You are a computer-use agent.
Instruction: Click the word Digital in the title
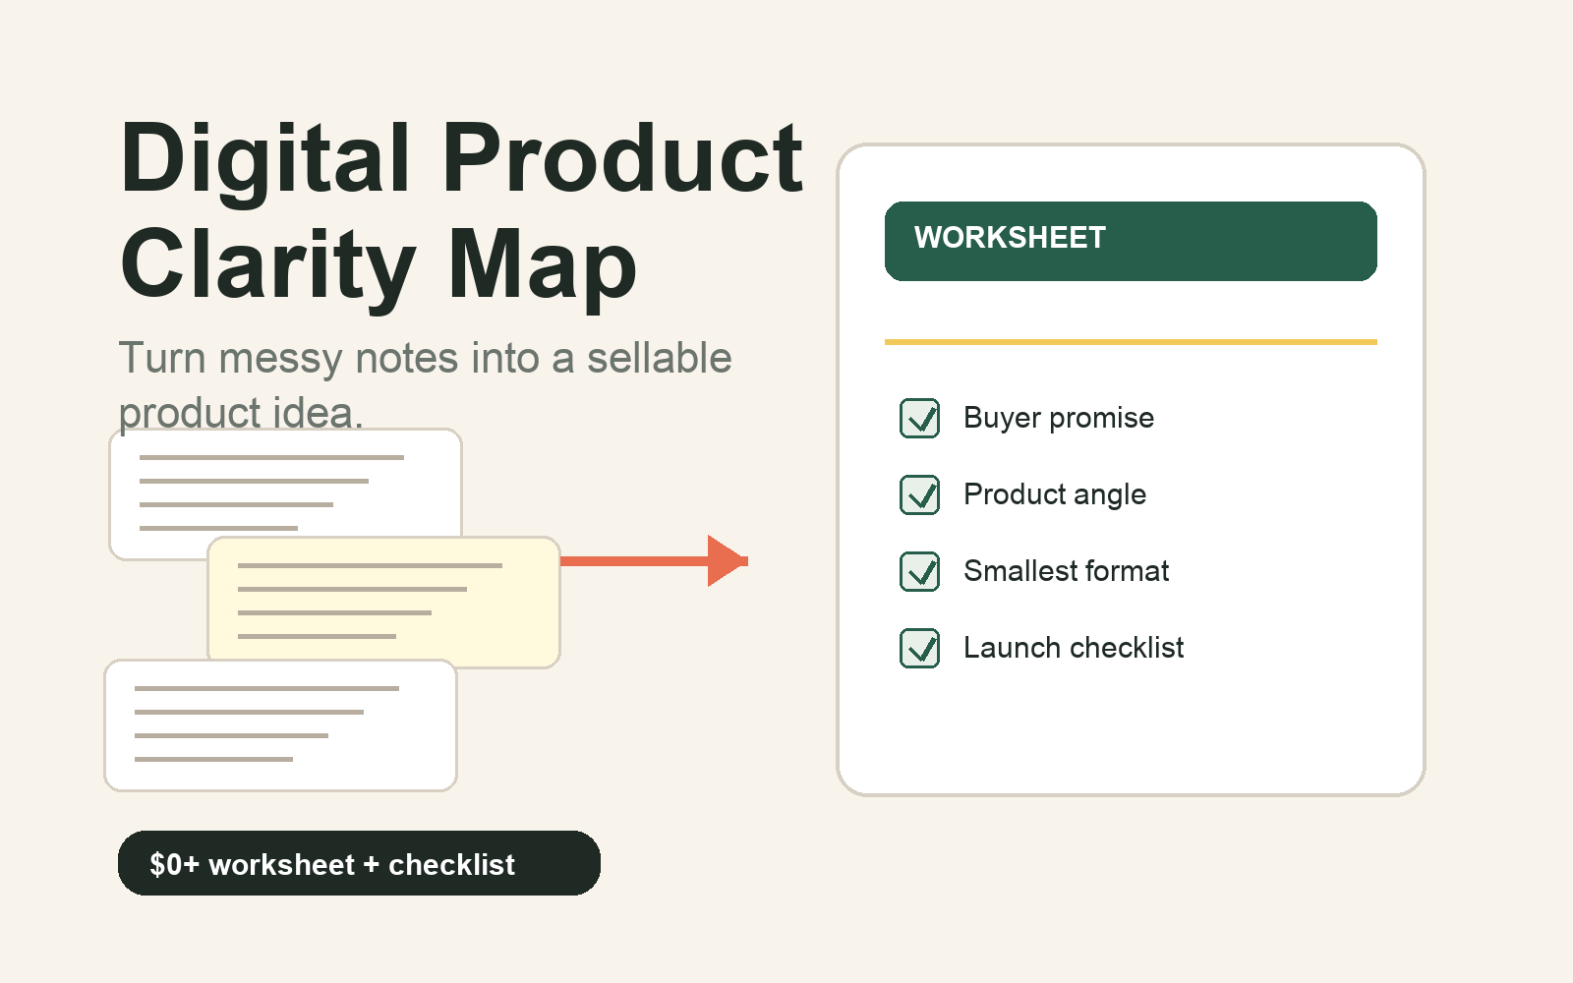[264, 161]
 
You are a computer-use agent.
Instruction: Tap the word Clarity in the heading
[268, 268]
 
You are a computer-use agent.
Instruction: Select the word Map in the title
[542, 268]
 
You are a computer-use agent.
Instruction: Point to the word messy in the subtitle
[280, 358]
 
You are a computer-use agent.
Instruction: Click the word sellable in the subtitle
[660, 357]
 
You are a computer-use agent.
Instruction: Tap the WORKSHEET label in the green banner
[1010, 237]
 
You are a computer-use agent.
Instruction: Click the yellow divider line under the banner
[1131, 342]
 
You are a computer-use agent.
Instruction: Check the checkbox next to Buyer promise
[920, 419]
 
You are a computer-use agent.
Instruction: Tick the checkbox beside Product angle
[920, 495]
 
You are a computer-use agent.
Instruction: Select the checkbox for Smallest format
[920, 571]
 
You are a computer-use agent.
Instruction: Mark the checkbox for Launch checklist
[920, 648]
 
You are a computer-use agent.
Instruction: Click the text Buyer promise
[1059, 419]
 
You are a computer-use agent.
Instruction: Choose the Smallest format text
[1066, 571]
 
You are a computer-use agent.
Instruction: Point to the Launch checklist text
[1074, 648]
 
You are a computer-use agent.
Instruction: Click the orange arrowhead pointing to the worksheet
[727, 561]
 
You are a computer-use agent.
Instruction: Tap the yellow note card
[384, 602]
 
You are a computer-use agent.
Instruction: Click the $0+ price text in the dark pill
[174, 864]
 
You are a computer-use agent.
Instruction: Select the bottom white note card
[281, 725]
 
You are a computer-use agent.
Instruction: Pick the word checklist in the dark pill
[451, 864]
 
